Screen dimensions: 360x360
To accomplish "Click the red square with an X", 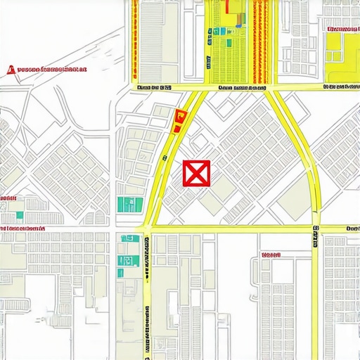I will (196, 173).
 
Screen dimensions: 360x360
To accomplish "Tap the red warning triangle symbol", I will (10, 70).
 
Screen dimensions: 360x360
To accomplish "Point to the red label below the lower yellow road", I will (270, 255).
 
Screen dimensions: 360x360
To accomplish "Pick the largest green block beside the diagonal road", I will (128, 205).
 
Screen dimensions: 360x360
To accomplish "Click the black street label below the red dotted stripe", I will (242, 88).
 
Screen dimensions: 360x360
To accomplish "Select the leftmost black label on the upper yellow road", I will (154, 88).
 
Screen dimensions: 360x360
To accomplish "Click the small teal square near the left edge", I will (19, 214).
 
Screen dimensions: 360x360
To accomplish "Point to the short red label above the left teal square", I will (8, 199).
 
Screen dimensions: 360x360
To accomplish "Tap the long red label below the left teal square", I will (22, 229).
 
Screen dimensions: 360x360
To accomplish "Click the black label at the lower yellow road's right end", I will (352, 228).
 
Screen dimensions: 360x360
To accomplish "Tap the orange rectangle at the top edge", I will (232, 6).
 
